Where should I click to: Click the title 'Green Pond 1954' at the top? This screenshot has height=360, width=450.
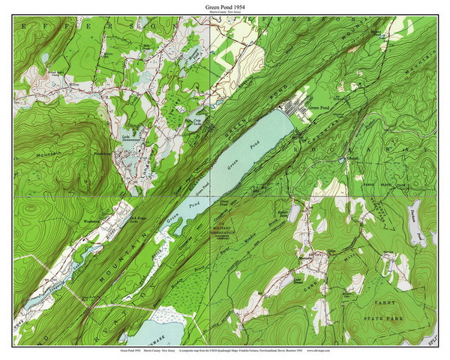click(225, 7)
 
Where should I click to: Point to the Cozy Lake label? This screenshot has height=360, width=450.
click(197, 119)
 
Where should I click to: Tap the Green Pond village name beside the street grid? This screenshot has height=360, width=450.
click(319, 108)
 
